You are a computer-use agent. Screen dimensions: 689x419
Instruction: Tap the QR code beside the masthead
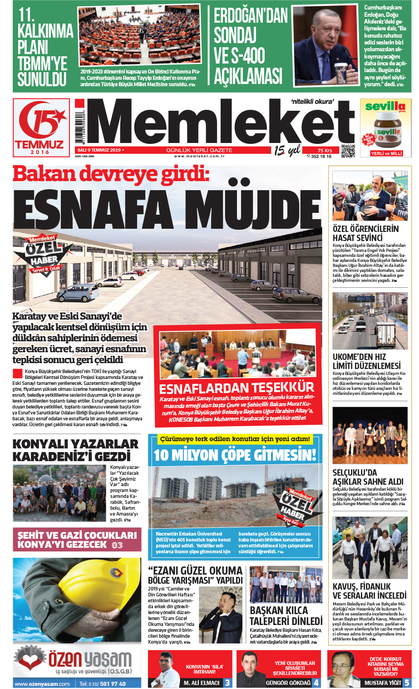[x=348, y=151]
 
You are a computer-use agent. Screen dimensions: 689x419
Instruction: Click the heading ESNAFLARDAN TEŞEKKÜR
[x=237, y=388]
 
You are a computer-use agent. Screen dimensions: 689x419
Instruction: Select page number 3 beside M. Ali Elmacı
[x=227, y=682]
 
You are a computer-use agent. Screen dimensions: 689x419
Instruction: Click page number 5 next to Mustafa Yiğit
[x=407, y=682]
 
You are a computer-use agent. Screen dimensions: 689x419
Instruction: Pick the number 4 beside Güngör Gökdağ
[x=316, y=682]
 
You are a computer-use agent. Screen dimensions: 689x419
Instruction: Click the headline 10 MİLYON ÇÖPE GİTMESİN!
[x=235, y=455]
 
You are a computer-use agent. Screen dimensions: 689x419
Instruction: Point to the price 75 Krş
[x=325, y=150]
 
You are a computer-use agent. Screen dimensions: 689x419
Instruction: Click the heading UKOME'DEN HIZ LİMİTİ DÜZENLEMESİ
[x=367, y=361]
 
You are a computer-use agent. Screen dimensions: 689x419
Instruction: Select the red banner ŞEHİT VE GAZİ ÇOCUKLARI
[x=77, y=540]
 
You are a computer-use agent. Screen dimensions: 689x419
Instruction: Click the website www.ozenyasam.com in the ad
[x=42, y=684]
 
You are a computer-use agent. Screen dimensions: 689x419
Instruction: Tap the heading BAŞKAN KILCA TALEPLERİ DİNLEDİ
[x=286, y=615]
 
